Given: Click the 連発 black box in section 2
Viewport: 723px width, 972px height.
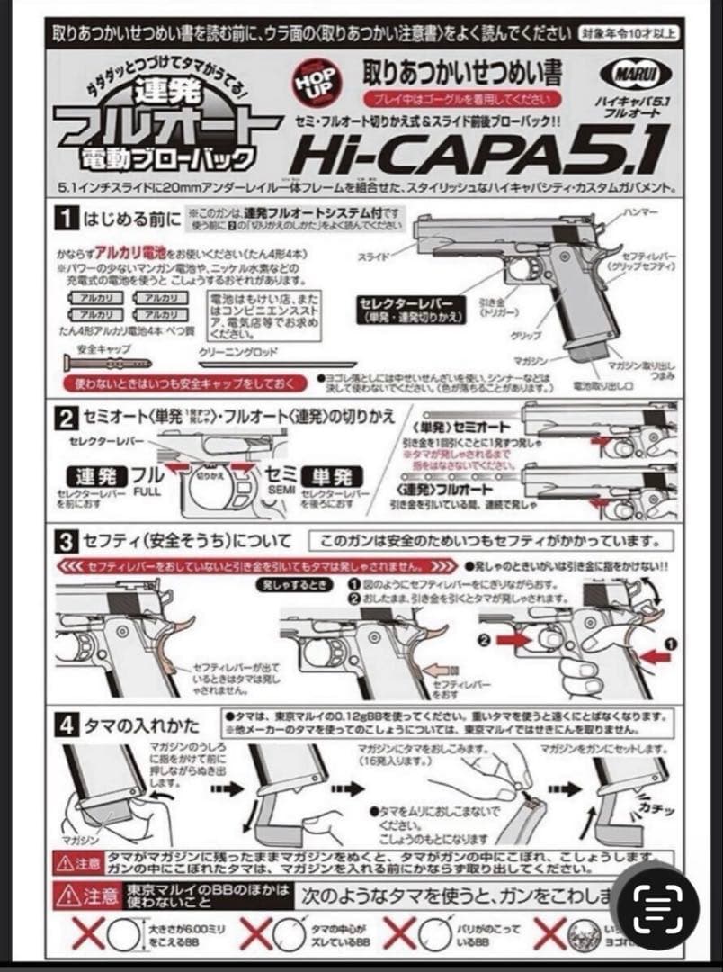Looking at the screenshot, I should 94,476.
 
